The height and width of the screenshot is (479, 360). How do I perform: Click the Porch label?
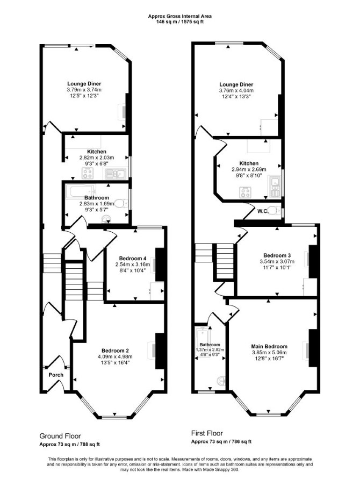(56, 375)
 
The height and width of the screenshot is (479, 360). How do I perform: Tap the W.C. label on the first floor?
(263, 211)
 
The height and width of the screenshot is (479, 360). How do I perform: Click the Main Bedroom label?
(269, 346)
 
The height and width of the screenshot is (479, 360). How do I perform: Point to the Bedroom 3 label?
(277, 255)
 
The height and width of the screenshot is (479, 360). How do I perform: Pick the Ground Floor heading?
(60, 436)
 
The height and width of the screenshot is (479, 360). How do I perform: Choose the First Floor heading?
(207, 433)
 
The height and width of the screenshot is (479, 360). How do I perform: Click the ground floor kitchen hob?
(88, 174)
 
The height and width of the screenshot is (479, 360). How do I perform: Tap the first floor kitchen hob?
(245, 191)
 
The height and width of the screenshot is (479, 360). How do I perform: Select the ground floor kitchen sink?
(116, 174)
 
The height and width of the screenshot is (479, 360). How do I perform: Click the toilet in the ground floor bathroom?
(121, 203)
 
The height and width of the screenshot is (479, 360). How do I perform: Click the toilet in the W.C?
(276, 211)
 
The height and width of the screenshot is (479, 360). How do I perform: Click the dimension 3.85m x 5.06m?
(269, 353)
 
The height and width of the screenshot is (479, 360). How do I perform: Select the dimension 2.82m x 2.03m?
(97, 158)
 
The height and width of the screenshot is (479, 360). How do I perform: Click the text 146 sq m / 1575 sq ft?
(180, 22)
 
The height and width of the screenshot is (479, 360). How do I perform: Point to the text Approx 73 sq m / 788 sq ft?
(70, 445)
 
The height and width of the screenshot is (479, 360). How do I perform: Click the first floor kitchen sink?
(275, 186)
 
